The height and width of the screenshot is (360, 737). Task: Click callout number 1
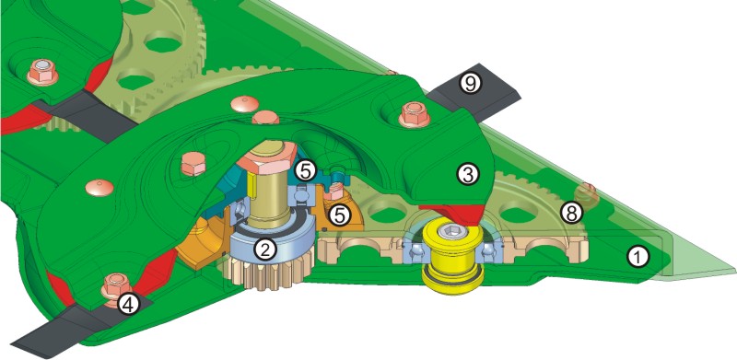point(639,257)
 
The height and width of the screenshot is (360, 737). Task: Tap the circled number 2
point(264,250)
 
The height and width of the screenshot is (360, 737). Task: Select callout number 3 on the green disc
point(466,174)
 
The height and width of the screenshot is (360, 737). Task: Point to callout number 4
point(128,305)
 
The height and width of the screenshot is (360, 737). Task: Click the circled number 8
point(570,214)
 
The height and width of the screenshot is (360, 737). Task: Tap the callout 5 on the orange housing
point(339,215)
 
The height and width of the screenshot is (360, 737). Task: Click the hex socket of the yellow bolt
point(450,232)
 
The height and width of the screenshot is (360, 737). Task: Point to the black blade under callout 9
point(474,92)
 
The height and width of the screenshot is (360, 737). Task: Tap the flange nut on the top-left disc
point(42,72)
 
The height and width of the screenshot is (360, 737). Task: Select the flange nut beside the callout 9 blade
point(414,115)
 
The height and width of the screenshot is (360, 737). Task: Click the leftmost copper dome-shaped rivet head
point(99,187)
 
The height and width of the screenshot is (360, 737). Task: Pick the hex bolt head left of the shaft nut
point(193,163)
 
